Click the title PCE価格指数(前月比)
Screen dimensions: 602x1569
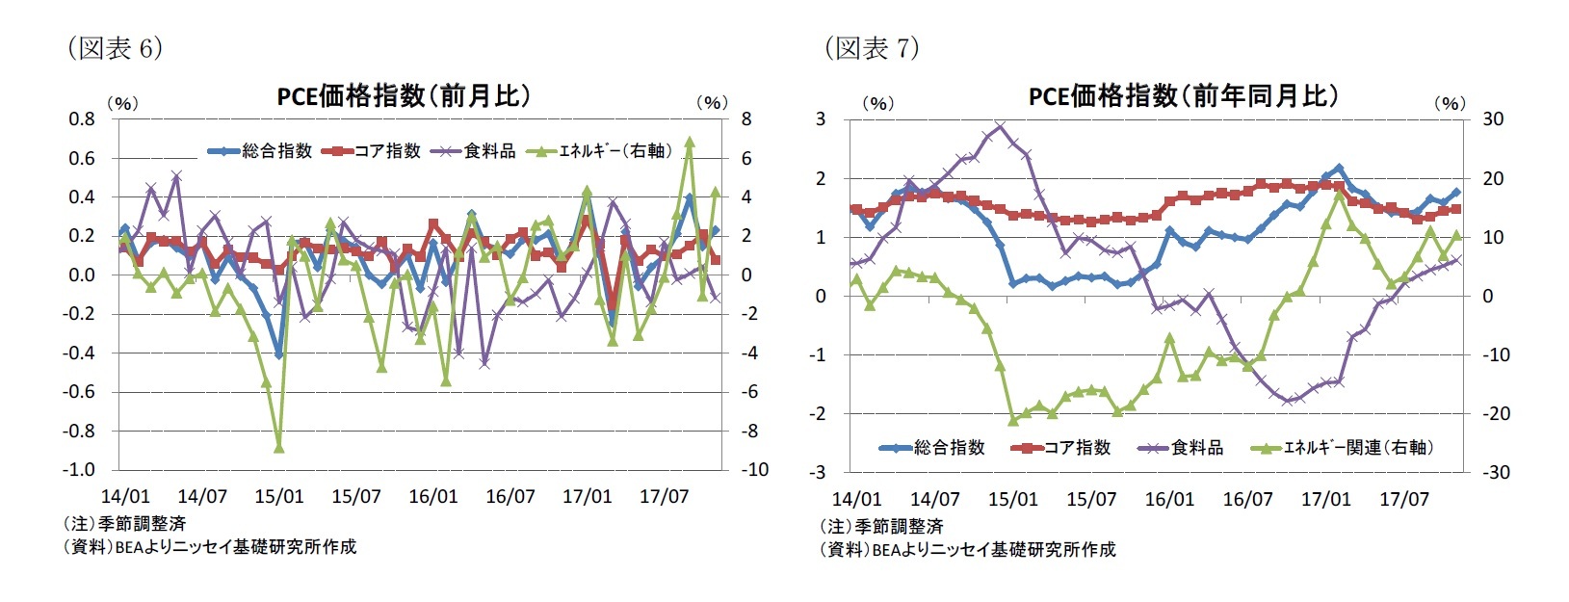[x=404, y=95]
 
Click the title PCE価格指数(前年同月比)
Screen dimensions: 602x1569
[x=1183, y=95]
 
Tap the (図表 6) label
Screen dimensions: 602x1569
[x=114, y=48]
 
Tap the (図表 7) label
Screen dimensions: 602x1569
[x=871, y=48]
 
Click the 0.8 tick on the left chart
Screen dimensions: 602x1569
[x=82, y=119]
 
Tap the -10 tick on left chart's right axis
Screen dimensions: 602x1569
[x=753, y=470]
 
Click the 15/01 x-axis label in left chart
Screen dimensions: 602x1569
[x=278, y=497]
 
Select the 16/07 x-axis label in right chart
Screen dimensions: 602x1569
[x=1247, y=499]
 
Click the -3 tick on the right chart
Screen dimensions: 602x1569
[x=820, y=472]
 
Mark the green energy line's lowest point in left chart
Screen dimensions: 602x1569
[x=278, y=447]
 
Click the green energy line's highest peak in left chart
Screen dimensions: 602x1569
[x=690, y=142]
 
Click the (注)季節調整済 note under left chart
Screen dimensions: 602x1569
[x=123, y=524]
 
